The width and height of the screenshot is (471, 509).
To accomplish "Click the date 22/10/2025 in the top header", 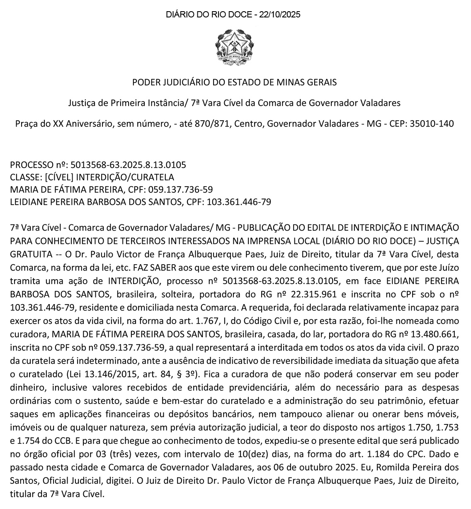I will tap(279, 15).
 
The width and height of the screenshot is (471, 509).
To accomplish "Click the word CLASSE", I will tap(24, 177).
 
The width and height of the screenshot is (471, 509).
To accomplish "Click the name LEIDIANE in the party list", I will tap(29, 202).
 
